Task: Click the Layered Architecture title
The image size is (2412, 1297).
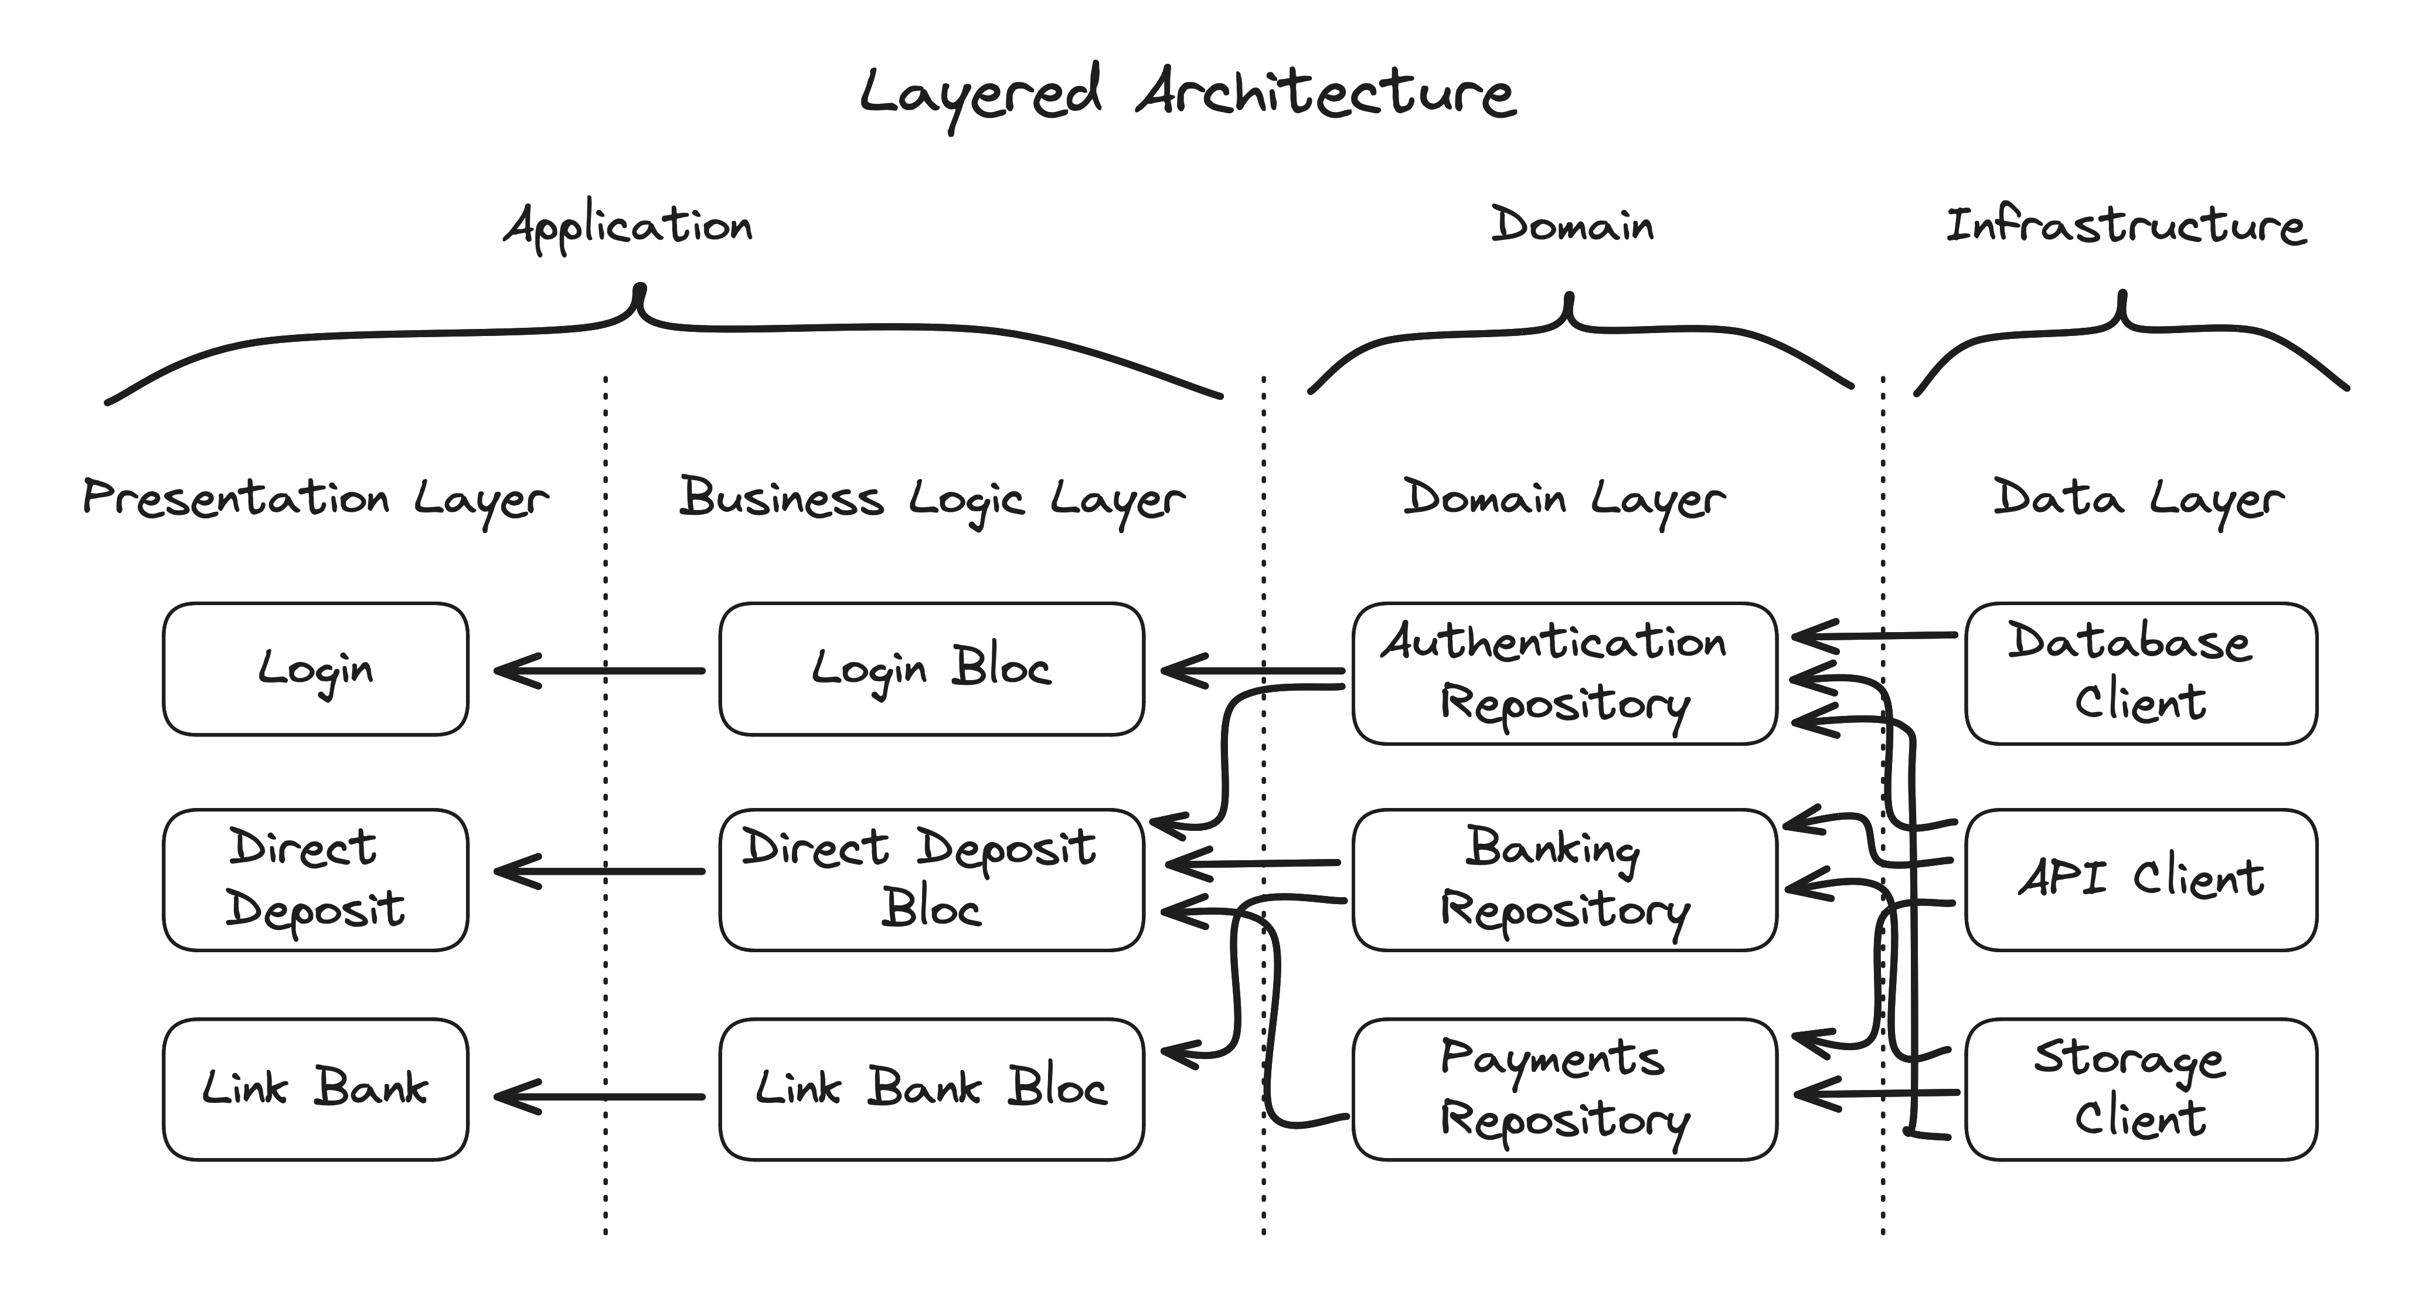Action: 1188,94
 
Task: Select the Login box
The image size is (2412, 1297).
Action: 315,668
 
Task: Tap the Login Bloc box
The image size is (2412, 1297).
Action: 931,668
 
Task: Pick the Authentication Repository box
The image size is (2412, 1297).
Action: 1564,673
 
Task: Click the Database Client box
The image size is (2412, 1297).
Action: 2141,673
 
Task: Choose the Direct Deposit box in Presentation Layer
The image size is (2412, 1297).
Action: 315,878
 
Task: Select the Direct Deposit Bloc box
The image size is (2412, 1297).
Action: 931,878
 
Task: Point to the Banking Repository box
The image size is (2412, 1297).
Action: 1564,878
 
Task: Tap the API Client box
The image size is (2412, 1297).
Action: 2141,878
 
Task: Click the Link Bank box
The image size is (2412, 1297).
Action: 315,1088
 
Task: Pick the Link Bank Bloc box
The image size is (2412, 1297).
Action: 931,1088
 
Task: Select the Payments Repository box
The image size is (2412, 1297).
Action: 1564,1088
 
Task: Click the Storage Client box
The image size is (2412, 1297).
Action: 2141,1088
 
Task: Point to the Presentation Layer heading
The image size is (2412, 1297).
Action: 315,498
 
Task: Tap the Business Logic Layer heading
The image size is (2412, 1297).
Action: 931,498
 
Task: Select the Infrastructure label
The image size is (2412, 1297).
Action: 2125,227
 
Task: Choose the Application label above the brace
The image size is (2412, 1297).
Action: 627,227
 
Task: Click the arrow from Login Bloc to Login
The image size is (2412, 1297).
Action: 599,671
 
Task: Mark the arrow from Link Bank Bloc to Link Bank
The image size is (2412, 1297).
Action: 599,1096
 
